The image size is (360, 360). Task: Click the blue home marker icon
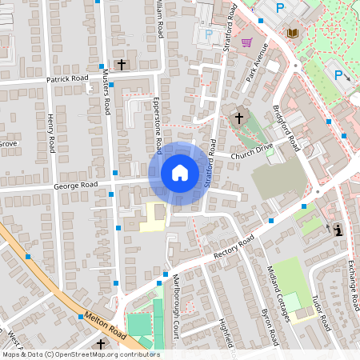[x=179, y=173]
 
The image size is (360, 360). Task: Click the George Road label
[x=76, y=185]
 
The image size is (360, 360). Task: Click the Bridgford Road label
[x=286, y=129]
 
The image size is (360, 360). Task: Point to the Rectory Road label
[x=234, y=248]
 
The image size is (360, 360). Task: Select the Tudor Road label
[x=321, y=311]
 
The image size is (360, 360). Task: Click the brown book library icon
[x=293, y=32]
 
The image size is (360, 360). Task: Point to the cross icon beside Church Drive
[x=238, y=118]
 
